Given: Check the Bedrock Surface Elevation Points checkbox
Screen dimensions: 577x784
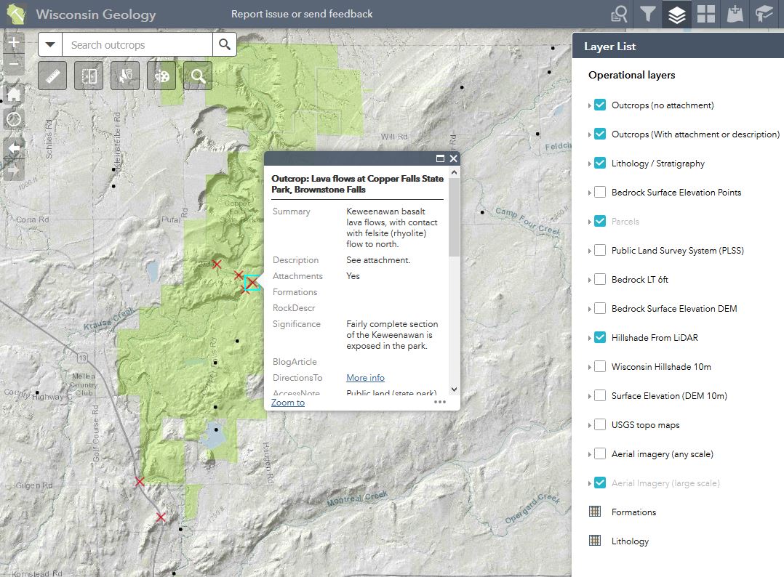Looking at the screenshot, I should (x=600, y=193).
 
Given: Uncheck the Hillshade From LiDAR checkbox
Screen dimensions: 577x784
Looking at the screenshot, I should (x=600, y=338).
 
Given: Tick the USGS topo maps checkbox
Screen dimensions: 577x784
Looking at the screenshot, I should (x=600, y=425).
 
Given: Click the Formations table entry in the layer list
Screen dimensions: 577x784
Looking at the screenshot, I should (x=633, y=512).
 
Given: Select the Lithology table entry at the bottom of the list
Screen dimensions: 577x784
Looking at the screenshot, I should (x=629, y=541).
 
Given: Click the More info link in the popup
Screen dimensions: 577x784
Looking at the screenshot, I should (x=365, y=378).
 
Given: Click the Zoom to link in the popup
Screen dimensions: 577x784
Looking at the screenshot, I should (x=288, y=403).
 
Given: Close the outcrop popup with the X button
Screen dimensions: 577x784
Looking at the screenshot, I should (x=454, y=158).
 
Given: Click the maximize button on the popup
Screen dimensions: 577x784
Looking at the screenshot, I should (x=440, y=158).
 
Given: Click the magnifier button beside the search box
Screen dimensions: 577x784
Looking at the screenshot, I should (x=225, y=45).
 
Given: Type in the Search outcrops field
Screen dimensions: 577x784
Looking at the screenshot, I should (x=138, y=45).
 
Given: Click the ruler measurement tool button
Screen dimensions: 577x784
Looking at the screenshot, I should (x=52, y=76).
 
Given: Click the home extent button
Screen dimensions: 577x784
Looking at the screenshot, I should (x=14, y=94).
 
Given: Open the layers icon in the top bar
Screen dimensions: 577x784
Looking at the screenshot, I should (x=676, y=15).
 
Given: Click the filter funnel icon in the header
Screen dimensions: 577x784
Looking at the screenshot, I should (x=647, y=15).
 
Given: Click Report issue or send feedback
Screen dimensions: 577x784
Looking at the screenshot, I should (x=302, y=14).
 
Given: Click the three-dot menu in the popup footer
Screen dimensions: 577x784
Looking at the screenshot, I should (x=440, y=402).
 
